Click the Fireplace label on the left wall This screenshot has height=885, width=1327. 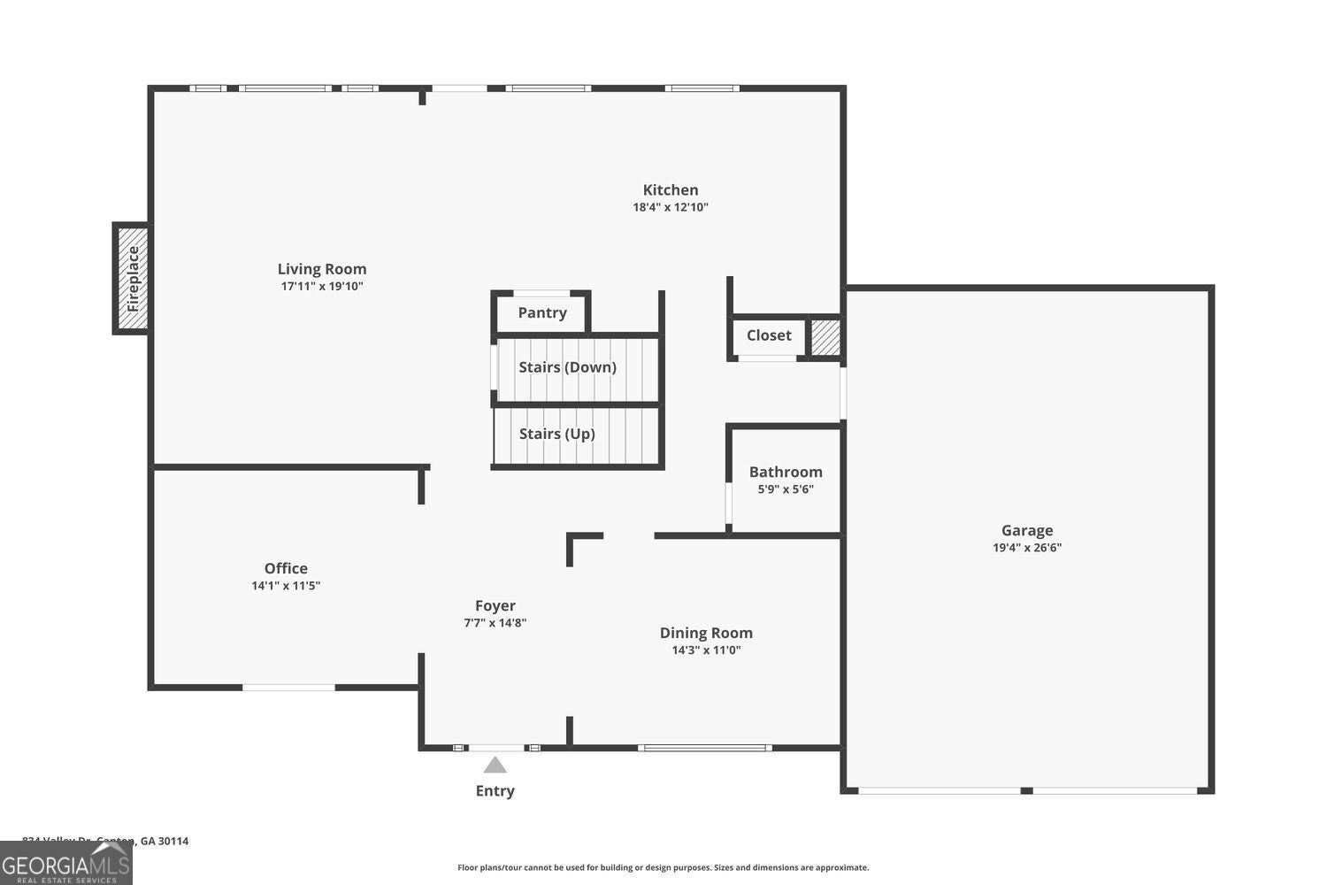coord(133,279)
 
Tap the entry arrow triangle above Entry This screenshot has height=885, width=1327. coord(495,765)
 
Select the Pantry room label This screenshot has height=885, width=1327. coord(542,312)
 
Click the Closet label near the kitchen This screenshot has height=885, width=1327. coord(769,335)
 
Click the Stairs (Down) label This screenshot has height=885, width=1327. coord(567,367)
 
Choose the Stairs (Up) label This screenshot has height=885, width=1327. coord(556,434)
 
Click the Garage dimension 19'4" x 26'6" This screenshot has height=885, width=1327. coord(1026,548)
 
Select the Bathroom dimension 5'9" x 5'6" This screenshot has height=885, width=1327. coord(786,489)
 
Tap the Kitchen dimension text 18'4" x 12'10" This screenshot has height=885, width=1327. coord(670,208)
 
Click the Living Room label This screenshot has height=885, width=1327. coord(322,269)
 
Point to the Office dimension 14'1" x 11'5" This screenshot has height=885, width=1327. coord(286,586)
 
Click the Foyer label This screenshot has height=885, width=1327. coord(495,605)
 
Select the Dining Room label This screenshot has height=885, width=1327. coord(706,633)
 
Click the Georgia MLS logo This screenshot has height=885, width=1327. coord(65,864)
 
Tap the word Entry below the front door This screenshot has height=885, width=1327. coord(495,791)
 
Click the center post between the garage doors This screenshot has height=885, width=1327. coord(1026,789)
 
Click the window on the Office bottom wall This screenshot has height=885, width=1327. coord(289,687)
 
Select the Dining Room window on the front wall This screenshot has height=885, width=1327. coord(704,748)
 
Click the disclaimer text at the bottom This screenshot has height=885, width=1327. coord(663,868)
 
